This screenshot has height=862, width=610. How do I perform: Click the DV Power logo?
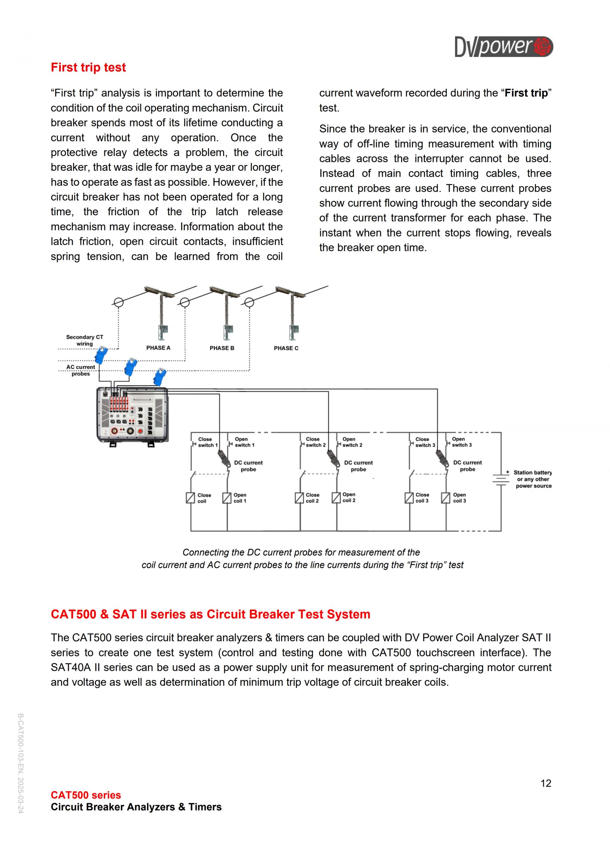click(x=503, y=47)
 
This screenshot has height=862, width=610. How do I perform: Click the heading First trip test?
click(x=88, y=68)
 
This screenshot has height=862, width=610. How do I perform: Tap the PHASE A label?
click(x=158, y=348)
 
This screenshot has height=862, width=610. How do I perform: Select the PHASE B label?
click(x=222, y=348)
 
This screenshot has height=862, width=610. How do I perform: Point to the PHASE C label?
click(x=286, y=348)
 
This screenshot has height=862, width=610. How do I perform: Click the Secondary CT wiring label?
click(x=85, y=340)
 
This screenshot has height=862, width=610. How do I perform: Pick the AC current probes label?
click(x=81, y=370)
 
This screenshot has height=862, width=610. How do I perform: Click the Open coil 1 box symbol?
click(x=227, y=498)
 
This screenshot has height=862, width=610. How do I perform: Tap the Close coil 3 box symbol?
click(x=409, y=498)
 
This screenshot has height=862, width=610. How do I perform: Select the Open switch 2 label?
click(x=352, y=442)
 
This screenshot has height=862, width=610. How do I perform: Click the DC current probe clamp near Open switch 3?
click(x=442, y=458)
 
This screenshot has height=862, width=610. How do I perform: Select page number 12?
click(x=546, y=783)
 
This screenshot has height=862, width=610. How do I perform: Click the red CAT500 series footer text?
click(x=86, y=795)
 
